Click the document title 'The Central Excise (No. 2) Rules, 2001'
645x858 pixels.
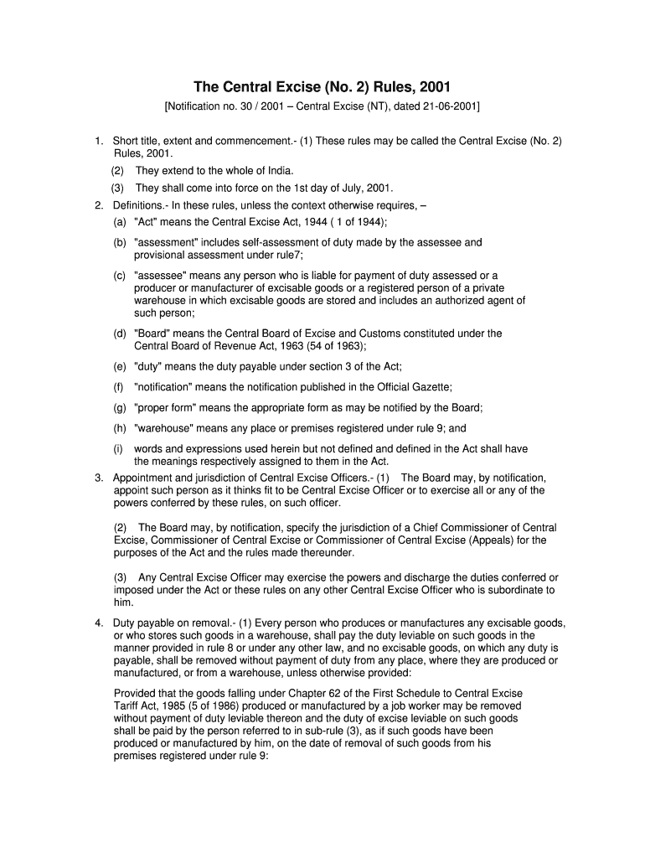pyautogui.click(x=322, y=86)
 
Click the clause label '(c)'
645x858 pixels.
pyautogui.click(x=121, y=275)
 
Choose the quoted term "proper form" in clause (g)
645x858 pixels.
pyautogui.click(x=166, y=407)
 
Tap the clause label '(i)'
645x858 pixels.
pyautogui.click(x=119, y=448)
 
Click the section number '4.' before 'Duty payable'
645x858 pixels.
pyautogui.click(x=100, y=623)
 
